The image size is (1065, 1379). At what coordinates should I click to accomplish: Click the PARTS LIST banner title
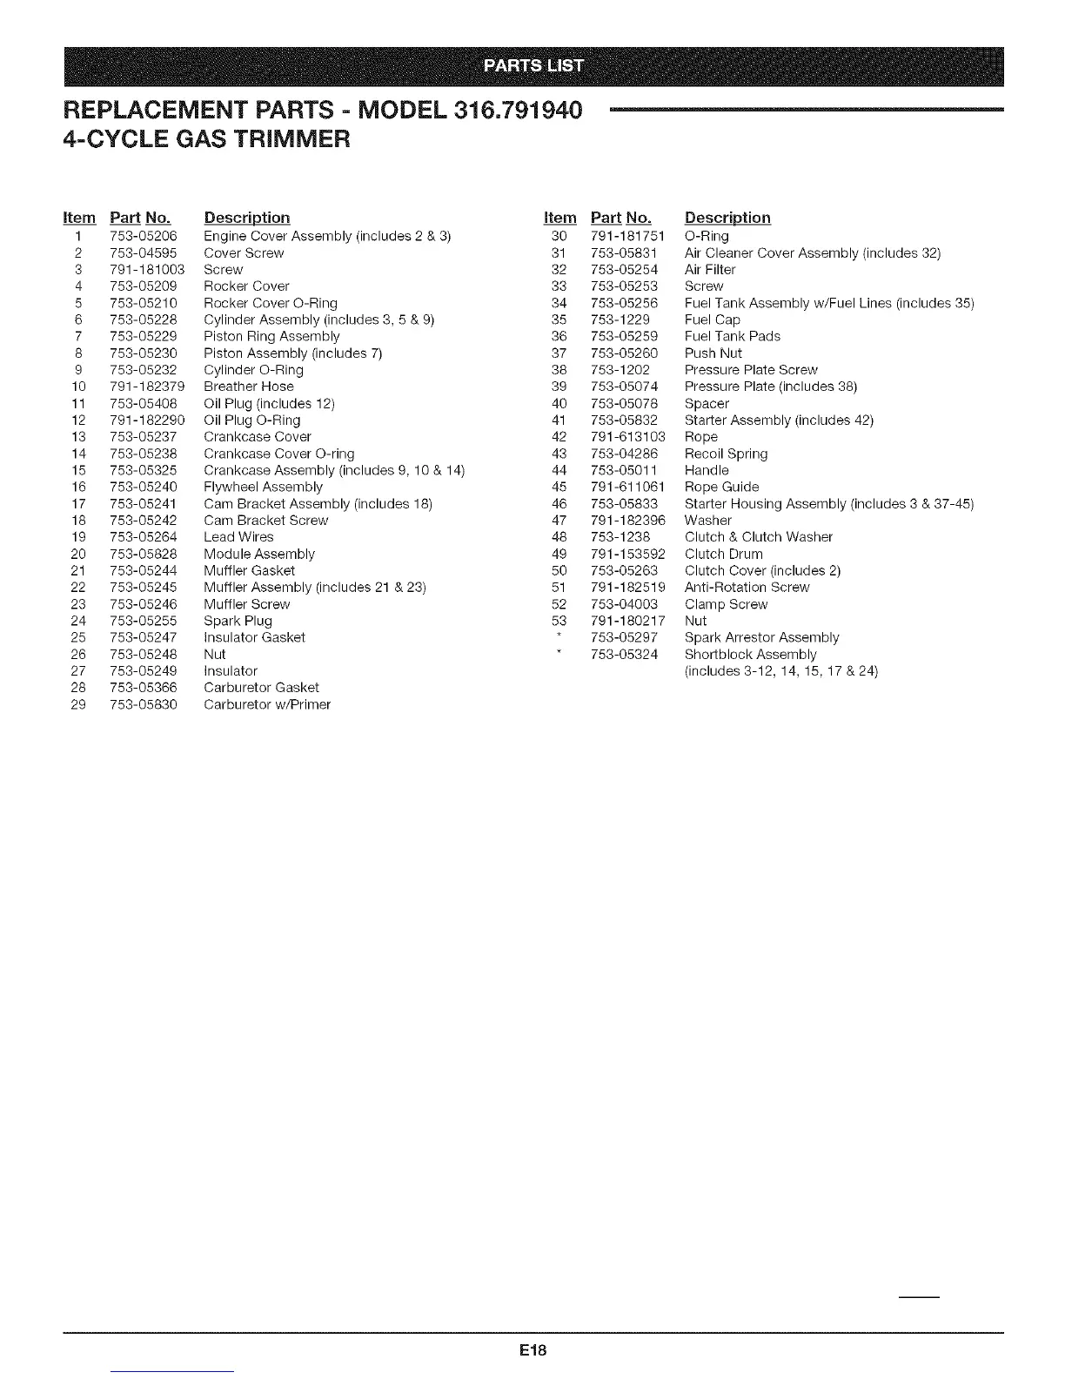pos(534,67)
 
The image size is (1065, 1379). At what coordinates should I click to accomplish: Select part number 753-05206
pos(144,236)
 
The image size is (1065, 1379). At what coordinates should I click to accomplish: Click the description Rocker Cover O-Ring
pos(270,303)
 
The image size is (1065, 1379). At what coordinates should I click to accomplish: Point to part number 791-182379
pos(147,387)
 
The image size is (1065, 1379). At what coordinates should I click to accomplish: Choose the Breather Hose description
pos(249,387)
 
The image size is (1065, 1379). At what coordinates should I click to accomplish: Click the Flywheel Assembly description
pos(263,487)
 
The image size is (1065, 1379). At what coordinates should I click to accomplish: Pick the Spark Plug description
pos(238,621)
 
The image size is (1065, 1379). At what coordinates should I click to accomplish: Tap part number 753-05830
pos(144,704)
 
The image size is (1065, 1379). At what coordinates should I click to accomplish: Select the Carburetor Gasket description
pos(261,688)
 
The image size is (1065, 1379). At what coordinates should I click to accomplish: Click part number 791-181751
pos(627,236)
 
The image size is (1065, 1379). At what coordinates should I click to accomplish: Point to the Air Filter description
pos(710,270)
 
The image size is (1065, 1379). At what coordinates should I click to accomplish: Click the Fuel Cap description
pos(712,320)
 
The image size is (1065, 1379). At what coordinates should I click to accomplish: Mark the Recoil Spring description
pos(726,454)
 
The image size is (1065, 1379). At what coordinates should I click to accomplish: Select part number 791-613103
pos(627,437)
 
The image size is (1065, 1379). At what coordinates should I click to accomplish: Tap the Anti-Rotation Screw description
pos(747,588)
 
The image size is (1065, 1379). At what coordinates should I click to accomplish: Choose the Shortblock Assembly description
pos(750,655)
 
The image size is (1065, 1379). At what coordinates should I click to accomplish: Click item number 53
pos(559,621)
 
